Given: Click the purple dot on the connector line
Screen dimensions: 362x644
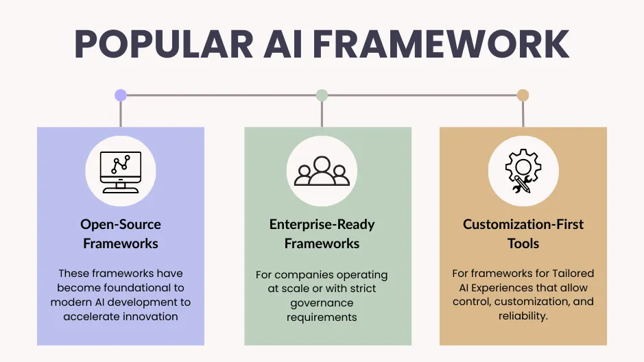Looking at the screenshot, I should pyautogui.click(x=121, y=95).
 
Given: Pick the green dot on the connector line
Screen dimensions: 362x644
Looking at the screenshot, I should pyautogui.click(x=322, y=95).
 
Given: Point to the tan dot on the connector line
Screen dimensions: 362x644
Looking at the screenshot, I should pyautogui.click(x=523, y=95).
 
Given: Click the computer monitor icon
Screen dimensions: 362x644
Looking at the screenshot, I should pyautogui.click(x=120, y=171).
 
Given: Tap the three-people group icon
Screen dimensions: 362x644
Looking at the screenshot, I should pyautogui.click(x=322, y=171).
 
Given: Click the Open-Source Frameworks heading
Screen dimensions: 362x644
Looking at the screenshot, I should pyautogui.click(x=120, y=234).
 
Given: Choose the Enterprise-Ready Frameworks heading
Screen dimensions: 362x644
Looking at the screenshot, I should pyautogui.click(x=322, y=234).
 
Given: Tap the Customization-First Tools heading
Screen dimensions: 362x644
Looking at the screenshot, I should pyautogui.click(x=523, y=234).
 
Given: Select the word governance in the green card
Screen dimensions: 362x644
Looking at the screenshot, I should pyautogui.click(x=322, y=303).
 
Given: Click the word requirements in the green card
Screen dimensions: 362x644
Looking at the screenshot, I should pyautogui.click(x=322, y=317).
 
